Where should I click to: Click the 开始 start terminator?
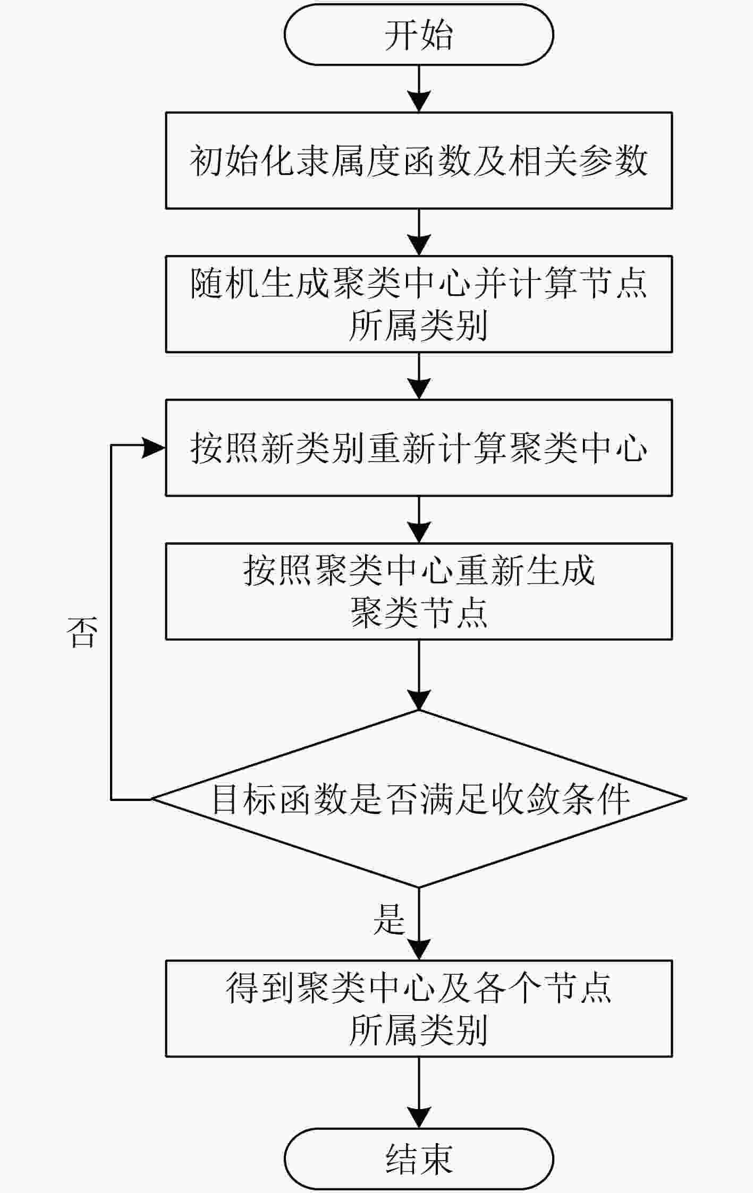419,35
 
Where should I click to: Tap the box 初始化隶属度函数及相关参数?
419,160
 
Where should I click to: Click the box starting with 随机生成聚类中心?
419,304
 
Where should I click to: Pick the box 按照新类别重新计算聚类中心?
419,448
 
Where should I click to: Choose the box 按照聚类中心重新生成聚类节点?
419,591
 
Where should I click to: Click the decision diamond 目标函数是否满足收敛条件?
419,798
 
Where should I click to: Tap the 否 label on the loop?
82,633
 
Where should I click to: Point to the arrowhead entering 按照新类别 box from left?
155,448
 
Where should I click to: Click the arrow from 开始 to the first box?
419,89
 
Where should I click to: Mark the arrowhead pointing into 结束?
419,1117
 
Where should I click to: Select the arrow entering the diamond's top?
419,675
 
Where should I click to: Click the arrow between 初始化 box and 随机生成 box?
419,233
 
